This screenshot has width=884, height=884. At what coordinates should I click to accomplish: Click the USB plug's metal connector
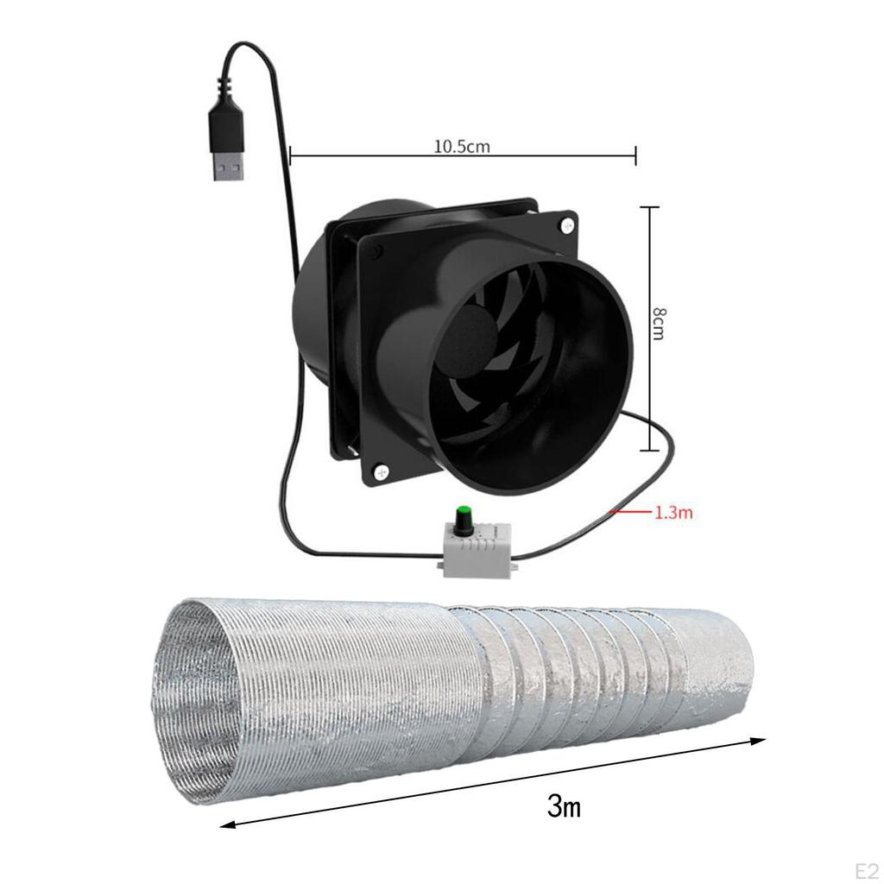pyautogui.click(x=227, y=167)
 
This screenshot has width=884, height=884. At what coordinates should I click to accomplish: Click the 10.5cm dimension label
pyautogui.click(x=462, y=146)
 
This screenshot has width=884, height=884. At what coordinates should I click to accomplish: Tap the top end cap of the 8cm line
pyautogui.click(x=647, y=207)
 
